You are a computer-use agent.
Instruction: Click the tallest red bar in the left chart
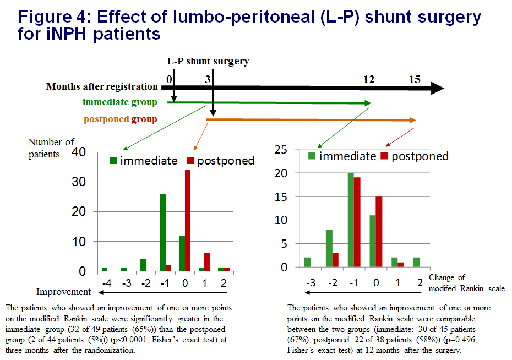click(188, 221)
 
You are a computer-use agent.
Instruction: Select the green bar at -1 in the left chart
click(163, 232)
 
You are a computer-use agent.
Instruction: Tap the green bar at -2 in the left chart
click(143, 265)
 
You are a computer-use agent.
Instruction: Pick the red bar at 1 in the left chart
click(207, 262)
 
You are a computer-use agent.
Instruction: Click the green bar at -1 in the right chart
click(351, 220)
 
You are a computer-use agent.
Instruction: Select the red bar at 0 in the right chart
click(378, 232)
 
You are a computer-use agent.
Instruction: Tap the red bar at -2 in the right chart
click(336, 260)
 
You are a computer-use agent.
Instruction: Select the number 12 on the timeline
click(368, 79)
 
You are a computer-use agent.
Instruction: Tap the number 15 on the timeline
click(415, 79)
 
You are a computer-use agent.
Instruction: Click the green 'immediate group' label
click(119, 102)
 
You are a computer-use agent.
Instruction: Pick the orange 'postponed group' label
click(119, 119)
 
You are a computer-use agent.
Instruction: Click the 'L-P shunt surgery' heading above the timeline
click(208, 61)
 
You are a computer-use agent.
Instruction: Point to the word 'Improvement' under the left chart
click(64, 292)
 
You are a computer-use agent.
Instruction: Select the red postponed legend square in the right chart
click(385, 156)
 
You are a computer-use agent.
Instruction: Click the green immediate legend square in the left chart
click(113, 161)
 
